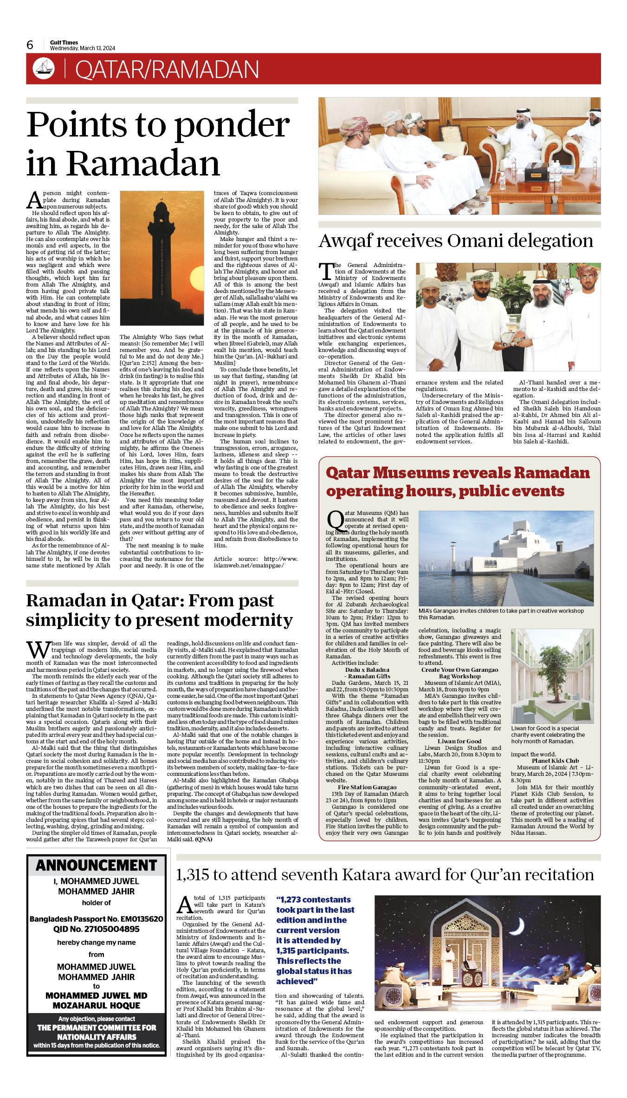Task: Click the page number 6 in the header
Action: [x=30, y=45]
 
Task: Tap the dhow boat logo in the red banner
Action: [x=44, y=69]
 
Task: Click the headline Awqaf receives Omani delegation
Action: [x=455, y=241]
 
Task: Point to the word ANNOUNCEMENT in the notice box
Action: [x=97, y=865]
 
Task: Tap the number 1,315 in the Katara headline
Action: [x=192, y=875]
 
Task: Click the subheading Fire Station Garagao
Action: [x=367, y=787]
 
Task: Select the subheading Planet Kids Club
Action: [x=555, y=760]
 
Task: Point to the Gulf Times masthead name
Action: [x=64, y=42]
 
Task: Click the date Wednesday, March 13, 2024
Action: [x=83, y=48]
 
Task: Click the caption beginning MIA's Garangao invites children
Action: [x=501, y=614]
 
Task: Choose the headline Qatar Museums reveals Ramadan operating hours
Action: [x=458, y=481]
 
